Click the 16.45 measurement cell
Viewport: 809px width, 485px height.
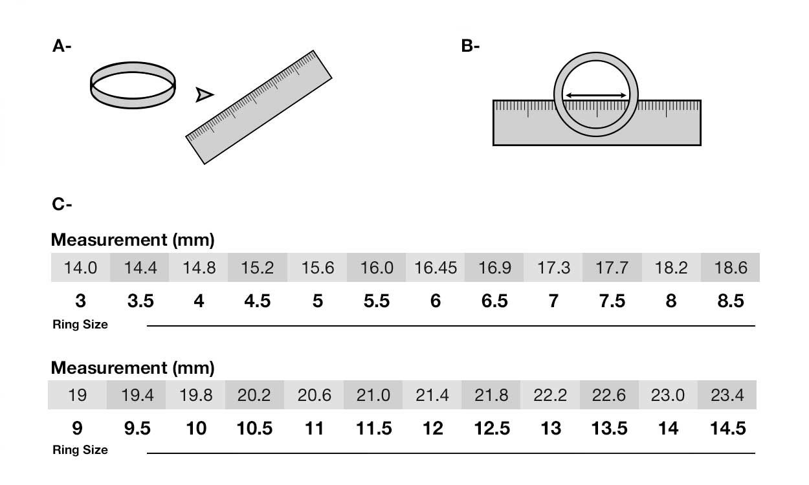(435, 268)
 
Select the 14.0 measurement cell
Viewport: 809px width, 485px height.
(80, 268)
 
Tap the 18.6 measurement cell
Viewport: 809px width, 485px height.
(730, 268)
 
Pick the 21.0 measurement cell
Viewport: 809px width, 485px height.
(373, 394)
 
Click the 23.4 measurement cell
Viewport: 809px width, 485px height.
(727, 394)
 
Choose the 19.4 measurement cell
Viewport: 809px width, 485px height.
(137, 394)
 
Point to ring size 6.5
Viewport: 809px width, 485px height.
(494, 301)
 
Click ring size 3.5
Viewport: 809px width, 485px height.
(140, 301)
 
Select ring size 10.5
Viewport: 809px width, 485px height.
(254, 428)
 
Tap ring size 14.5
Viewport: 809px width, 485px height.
(727, 428)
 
